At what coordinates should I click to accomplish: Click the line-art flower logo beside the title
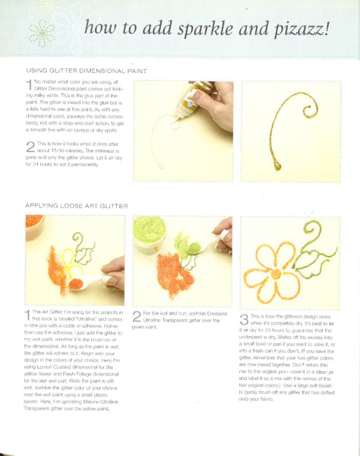coord(42,32)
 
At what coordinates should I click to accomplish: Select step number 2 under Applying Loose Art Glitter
coord(137,313)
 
